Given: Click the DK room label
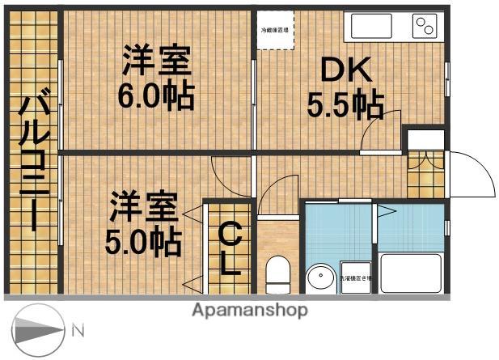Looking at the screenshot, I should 349,72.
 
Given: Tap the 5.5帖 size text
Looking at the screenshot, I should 345,104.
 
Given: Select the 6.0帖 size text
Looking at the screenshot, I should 156,96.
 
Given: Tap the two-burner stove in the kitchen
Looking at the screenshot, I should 424,27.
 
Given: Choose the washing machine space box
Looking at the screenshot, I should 357,277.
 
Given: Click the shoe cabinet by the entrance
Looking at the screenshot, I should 425,173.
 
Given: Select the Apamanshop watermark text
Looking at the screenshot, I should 249,310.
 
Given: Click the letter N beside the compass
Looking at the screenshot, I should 78,330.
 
